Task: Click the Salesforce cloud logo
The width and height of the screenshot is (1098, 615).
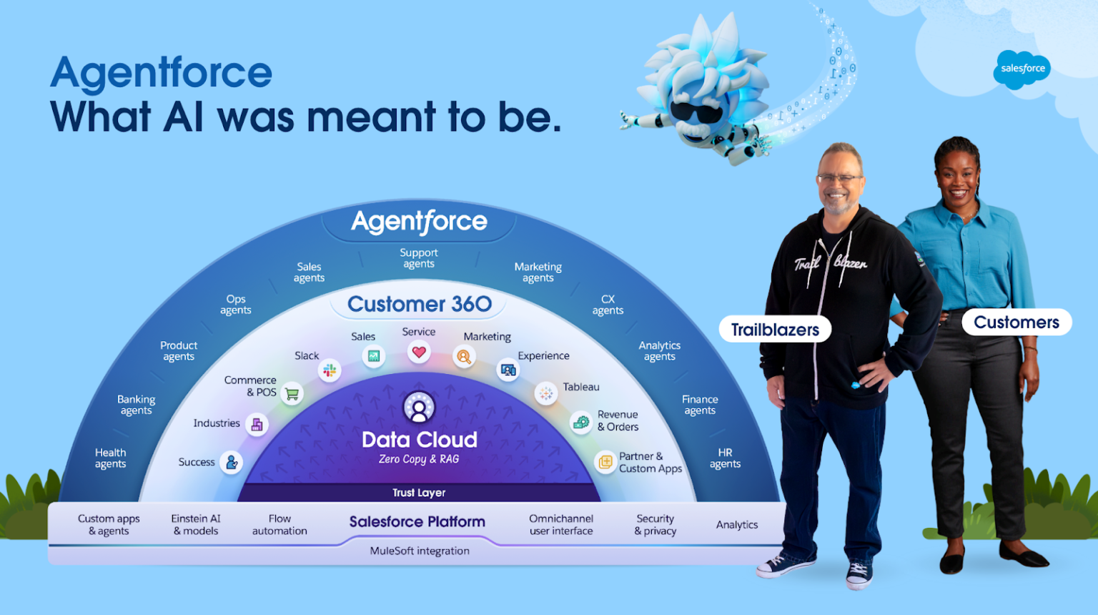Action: [1022, 69]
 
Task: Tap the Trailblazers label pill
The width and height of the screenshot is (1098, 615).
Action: [775, 330]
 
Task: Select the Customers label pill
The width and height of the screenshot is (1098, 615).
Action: [1016, 323]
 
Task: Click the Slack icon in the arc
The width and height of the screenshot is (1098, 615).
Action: [330, 370]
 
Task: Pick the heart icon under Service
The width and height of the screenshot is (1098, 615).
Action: [419, 352]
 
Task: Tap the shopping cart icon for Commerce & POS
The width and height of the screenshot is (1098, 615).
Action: [292, 393]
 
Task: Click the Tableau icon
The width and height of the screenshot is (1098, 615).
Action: [546, 393]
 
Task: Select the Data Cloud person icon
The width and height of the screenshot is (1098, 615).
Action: [419, 407]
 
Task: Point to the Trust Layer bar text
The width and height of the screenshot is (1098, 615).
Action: [419, 493]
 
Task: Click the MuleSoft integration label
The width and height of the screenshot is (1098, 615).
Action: [420, 551]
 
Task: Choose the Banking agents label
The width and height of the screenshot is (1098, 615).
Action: [136, 405]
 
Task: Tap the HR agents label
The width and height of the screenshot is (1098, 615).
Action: [725, 458]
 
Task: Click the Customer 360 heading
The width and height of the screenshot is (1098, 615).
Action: [420, 304]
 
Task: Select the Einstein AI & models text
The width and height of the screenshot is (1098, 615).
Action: [196, 525]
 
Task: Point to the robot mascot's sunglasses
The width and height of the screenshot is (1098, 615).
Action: [695, 113]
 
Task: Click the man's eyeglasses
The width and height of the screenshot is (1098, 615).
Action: [839, 178]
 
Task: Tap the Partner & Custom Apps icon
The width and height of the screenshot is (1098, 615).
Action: [605, 462]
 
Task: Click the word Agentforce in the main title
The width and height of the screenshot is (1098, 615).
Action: [162, 73]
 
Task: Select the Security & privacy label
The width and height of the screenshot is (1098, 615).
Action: [655, 525]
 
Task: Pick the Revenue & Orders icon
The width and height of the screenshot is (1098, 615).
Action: [581, 422]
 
